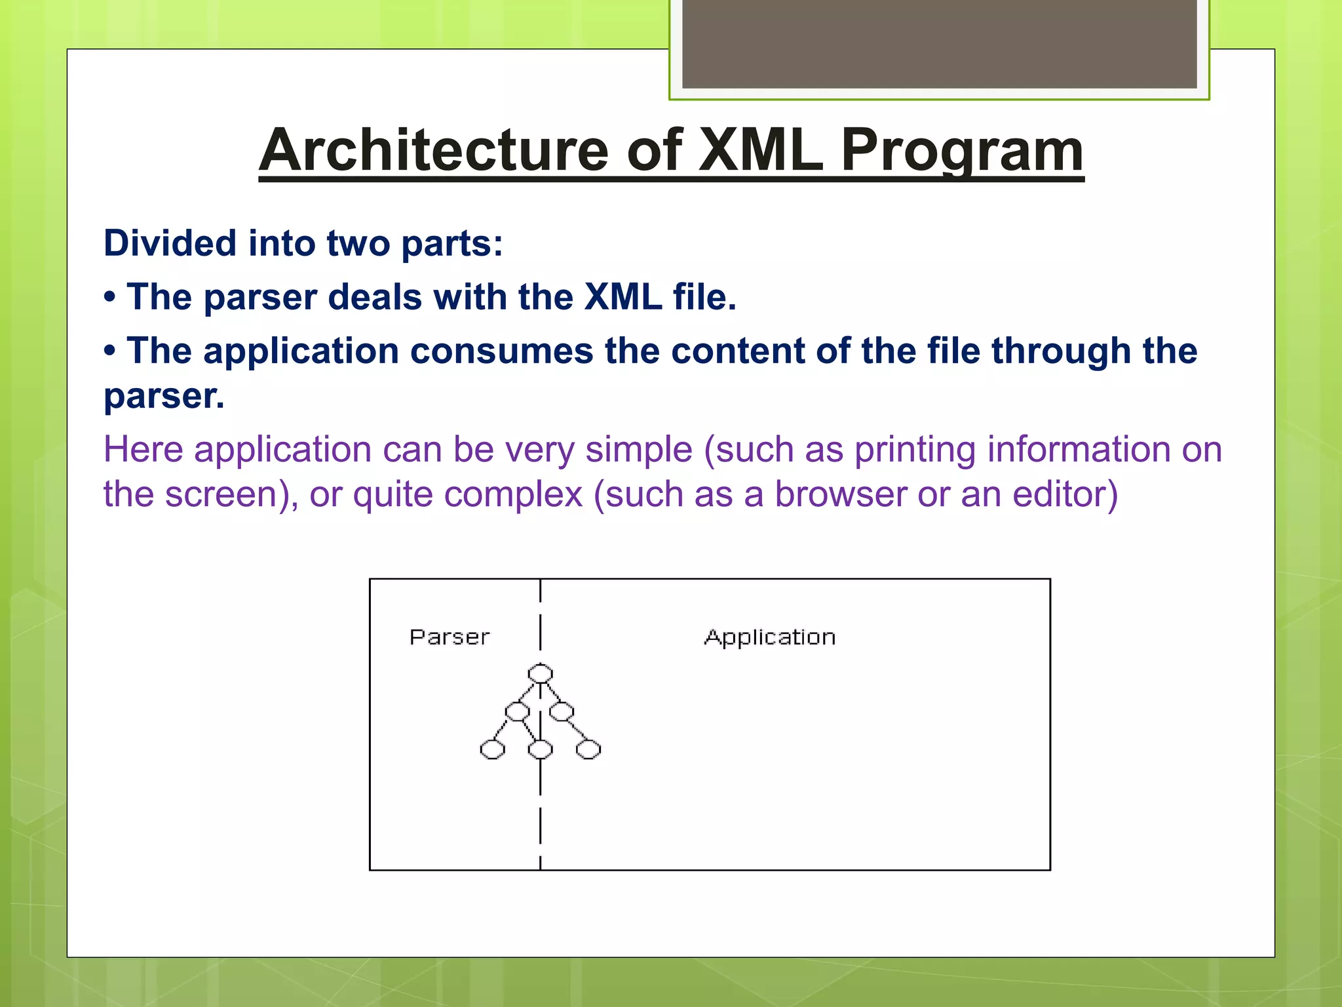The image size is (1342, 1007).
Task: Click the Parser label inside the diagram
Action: tap(450, 637)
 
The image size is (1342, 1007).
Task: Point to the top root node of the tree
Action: tap(541, 673)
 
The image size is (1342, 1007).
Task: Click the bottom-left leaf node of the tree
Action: tap(493, 749)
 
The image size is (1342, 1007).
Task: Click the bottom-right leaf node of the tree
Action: tap(588, 749)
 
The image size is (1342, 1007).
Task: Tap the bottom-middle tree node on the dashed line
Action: tap(541, 749)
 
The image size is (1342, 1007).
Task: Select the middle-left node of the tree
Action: tap(518, 711)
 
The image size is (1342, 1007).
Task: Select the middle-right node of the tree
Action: tap(562, 711)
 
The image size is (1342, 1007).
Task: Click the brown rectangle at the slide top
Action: tap(939, 43)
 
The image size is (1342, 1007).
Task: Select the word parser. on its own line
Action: tap(164, 396)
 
